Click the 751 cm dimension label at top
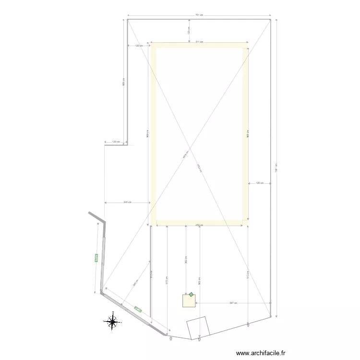[199, 15]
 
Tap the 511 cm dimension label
[199, 42]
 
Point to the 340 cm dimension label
[127, 203]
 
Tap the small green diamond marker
[191, 295]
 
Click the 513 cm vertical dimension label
[247, 276]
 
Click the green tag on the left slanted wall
[96, 258]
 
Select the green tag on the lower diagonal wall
[138, 309]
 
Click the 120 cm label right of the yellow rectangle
[260, 183]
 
